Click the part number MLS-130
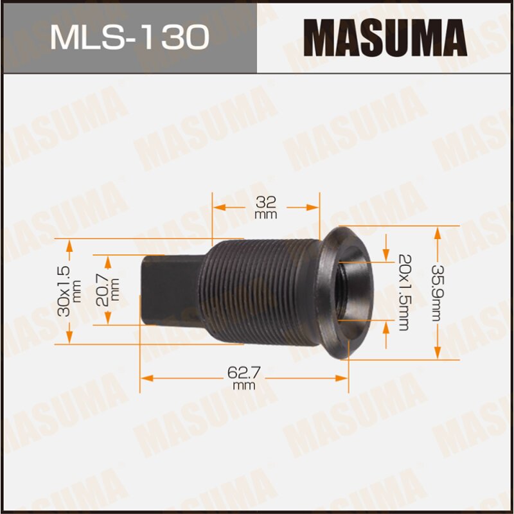point(129,37)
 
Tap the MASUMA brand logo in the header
point(384,37)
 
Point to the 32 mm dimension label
point(265,208)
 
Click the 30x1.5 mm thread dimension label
point(70,287)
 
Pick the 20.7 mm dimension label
point(110,287)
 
